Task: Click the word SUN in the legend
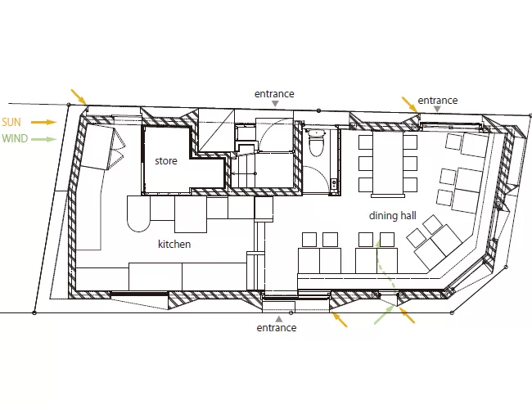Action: [x=11, y=122]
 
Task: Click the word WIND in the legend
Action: [x=15, y=139]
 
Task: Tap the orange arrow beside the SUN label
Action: [x=44, y=122]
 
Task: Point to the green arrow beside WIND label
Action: [x=44, y=139]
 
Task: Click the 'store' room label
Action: [x=166, y=161]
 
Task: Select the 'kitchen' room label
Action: [x=174, y=245]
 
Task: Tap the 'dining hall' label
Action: [x=393, y=216]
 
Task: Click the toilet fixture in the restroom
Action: [x=316, y=143]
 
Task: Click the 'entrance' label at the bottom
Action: [x=277, y=328]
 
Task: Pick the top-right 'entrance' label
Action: [x=438, y=101]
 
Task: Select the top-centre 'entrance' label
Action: [x=274, y=94]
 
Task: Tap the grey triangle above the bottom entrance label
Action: [x=279, y=319]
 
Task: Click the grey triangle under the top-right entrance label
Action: [x=438, y=109]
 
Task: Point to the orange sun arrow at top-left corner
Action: [x=79, y=97]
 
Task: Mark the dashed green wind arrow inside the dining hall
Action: [x=386, y=266]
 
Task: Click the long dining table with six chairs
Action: [x=388, y=164]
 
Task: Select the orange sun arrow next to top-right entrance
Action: [x=410, y=105]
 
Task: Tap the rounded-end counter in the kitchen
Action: [x=138, y=213]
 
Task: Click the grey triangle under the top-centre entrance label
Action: [x=276, y=104]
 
